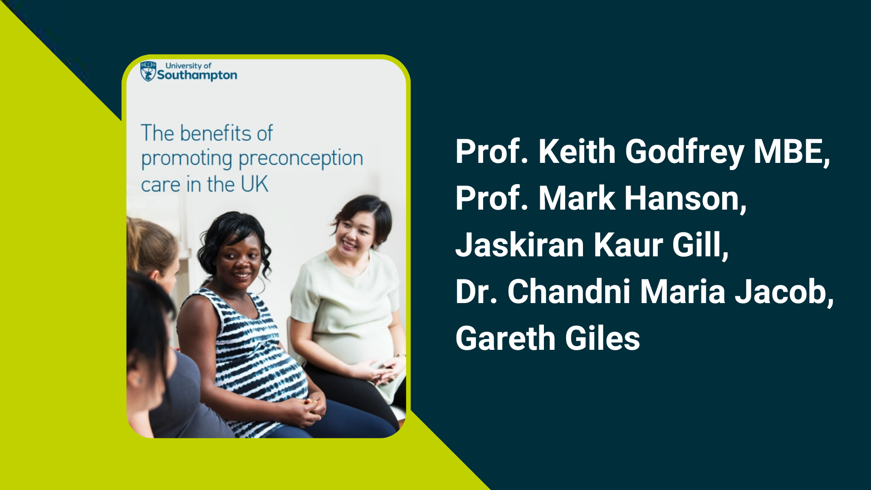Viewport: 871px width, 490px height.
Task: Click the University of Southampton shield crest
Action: click(148, 72)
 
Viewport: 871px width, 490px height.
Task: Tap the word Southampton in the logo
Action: click(197, 75)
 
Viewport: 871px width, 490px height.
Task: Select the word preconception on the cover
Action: click(301, 159)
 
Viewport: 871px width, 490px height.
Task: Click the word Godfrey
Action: click(685, 152)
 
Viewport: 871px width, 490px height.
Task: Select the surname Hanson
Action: click(685, 199)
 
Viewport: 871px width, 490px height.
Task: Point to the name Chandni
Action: click(569, 292)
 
